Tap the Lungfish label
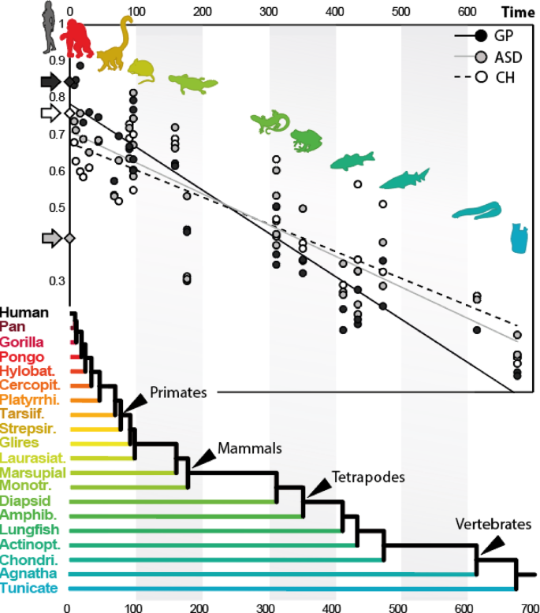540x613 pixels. click(x=27, y=529)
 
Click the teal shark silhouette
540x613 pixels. click(x=404, y=180)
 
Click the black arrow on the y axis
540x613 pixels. click(x=50, y=81)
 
